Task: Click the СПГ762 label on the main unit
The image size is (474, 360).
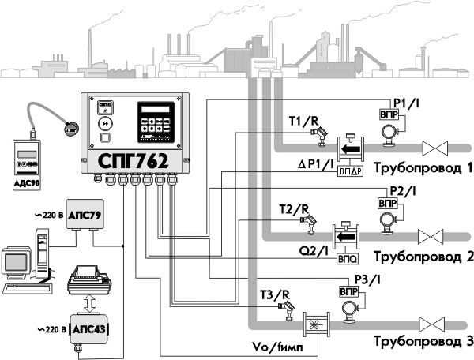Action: click(133, 159)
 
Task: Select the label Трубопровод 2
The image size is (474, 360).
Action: click(423, 257)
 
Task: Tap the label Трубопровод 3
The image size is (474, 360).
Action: click(423, 341)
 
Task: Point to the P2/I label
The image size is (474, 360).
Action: click(404, 192)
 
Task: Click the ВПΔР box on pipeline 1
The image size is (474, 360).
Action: click(349, 170)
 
